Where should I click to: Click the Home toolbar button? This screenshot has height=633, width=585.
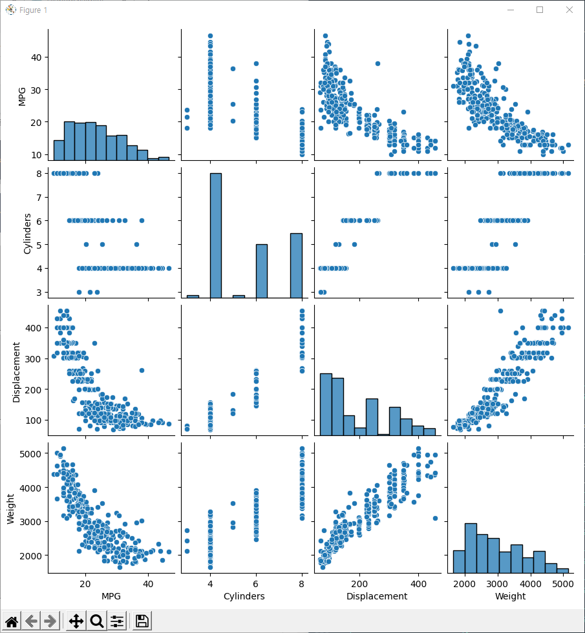(x=12, y=621)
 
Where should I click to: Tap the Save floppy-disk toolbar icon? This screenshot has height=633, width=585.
(x=142, y=621)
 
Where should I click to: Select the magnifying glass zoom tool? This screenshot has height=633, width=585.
(x=97, y=621)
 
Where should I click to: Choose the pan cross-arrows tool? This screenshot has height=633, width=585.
(x=76, y=621)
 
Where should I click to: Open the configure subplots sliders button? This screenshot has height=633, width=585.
(x=117, y=621)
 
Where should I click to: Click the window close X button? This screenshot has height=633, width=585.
(x=569, y=10)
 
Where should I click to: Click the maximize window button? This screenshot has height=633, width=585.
(x=540, y=10)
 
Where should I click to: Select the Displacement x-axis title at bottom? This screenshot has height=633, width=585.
(x=377, y=596)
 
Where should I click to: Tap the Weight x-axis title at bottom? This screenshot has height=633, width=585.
(x=510, y=596)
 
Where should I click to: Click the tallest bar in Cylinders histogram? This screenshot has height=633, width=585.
(x=216, y=235)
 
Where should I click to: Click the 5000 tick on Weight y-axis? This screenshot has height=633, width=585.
(x=33, y=453)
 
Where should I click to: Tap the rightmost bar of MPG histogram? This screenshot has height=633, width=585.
(x=164, y=158)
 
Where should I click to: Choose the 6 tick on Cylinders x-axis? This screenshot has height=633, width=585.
(x=257, y=583)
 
